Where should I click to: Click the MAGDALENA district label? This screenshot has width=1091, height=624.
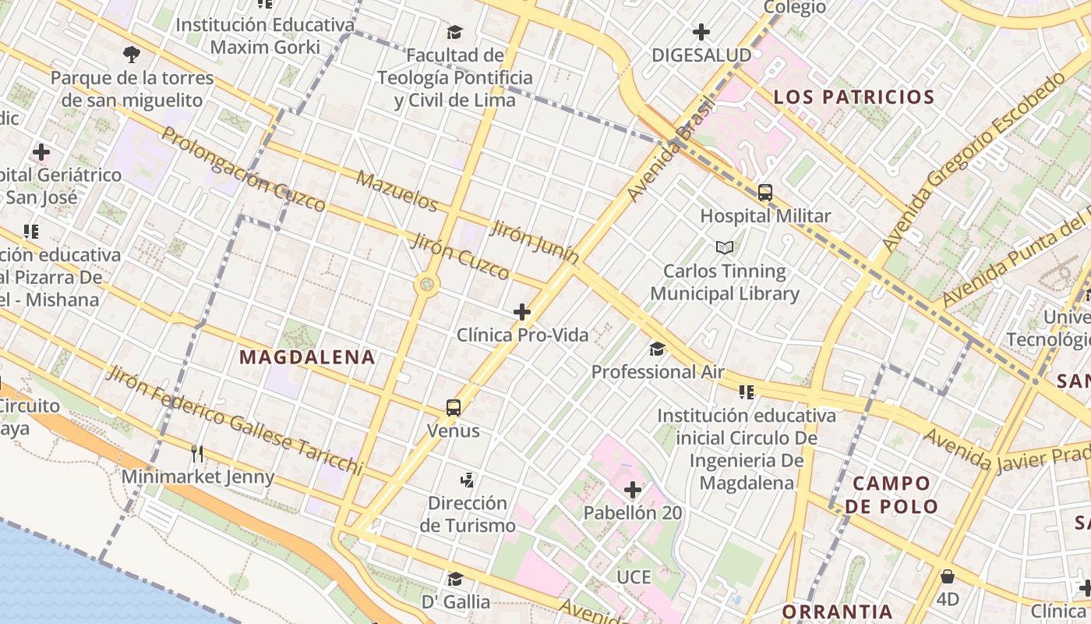pyautogui.click(x=307, y=358)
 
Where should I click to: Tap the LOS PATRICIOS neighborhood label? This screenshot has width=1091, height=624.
pyautogui.click(x=853, y=97)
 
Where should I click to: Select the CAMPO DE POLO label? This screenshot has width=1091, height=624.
pyautogui.click(x=892, y=495)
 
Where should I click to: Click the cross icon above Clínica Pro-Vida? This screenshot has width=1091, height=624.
pyautogui.click(x=522, y=313)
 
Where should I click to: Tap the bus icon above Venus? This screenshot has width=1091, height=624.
pyautogui.click(x=454, y=407)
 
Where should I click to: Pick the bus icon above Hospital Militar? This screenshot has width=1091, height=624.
pyautogui.click(x=765, y=193)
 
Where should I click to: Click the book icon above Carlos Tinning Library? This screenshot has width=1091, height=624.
pyautogui.click(x=725, y=247)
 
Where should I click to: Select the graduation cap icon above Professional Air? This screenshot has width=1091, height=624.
pyautogui.click(x=658, y=348)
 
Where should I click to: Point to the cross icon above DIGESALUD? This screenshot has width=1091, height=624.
pyautogui.click(x=701, y=32)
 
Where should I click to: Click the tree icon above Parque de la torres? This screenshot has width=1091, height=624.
pyautogui.click(x=132, y=55)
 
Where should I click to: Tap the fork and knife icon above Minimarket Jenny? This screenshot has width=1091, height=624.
pyautogui.click(x=197, y=453)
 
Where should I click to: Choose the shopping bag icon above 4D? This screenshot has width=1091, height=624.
pyautogui.click(x=948, y=576)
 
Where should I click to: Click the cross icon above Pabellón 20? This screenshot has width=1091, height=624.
pyautogui.click(x=633, y=490)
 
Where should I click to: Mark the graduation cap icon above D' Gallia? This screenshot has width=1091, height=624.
pyautogui.click(x=455, y=579)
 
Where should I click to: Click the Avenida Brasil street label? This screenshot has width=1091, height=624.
pyautogui.click(x=671, y=149)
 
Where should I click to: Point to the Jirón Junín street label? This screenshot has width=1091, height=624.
pyautogui.click(x=535, y=241)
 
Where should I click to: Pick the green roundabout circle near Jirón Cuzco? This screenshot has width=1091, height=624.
pyautogui.click(x=427, y=284)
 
